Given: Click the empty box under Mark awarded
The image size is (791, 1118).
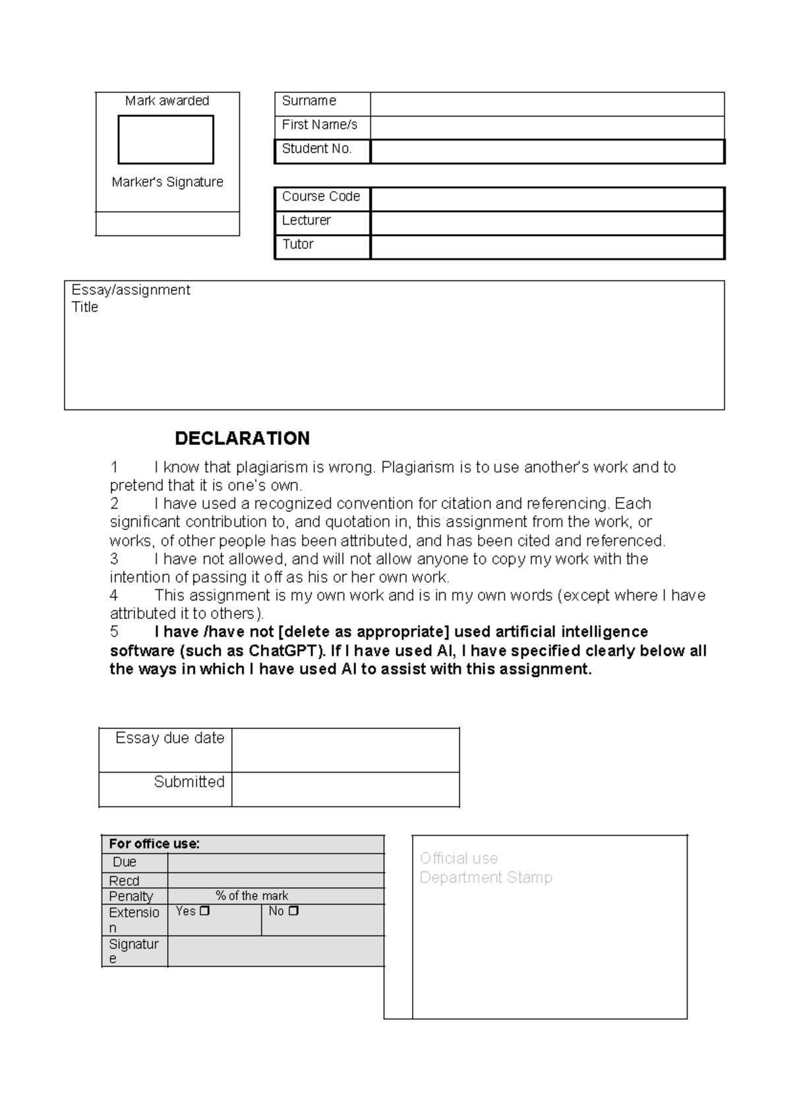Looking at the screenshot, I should pyautogui.click(x=165, y=140).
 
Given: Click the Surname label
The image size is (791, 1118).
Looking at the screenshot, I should pyautogui.click(x=308, y=101).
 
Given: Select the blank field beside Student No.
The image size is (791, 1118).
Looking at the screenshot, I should pyautogui.click(x=547, y=152).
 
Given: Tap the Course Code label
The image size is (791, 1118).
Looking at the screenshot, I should pyautogui.click(x=320, y=196).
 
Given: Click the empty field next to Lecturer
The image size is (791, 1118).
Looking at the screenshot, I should pyautogui.click(x=547, y=223).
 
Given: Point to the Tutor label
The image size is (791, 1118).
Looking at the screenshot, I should pyautogui.click(x=297, y=244).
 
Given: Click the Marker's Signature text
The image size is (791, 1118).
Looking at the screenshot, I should pyautogui.click(x=167, y=182).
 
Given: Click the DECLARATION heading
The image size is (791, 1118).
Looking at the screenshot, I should pyautogui.click(x=242, y=438).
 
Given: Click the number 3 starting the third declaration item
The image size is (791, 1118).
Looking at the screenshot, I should pyautogui.click(x=114, y=559).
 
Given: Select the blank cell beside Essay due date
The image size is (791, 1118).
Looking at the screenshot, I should pyautogui.click(x=345, y=750).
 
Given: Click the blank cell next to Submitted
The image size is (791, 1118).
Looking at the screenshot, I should pyautogui.click(x=345, y=789).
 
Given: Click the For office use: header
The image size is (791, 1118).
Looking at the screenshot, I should pyautogui.click(x=154, y=844).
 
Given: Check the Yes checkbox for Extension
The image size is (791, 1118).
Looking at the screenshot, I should pyautogui.click(x=204, y=911).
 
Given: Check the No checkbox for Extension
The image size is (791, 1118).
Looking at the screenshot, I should pyautogui.click(x=294, y=911).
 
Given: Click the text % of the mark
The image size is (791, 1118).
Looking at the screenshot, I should pyautogui.click(x=252, y=896).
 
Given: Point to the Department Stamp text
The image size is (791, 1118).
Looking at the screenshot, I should pyautogui.click(x=486, y=877).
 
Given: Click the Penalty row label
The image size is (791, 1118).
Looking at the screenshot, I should pyautogui.click(x=131, y=896).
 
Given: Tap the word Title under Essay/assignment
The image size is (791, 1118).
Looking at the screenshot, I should pyautogui.click(x=84, y=307).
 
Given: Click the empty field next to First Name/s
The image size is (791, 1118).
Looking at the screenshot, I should pyautogui.click(x=547, y=127).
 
